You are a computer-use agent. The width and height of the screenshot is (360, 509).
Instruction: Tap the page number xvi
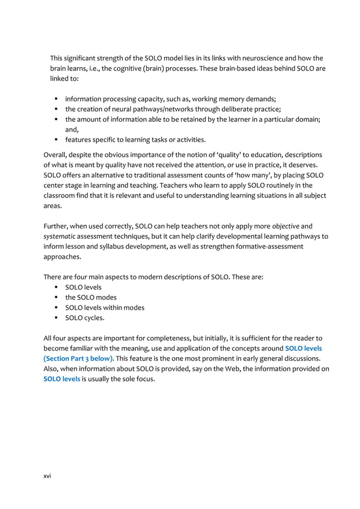click(x=47, y=476)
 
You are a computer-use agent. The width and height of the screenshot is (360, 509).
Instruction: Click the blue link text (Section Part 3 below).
click(x=79, y=358)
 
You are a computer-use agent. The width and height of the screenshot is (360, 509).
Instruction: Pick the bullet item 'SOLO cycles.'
click(x=85, y=318)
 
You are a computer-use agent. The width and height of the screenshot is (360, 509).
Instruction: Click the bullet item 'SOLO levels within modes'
click(x=104, y=308)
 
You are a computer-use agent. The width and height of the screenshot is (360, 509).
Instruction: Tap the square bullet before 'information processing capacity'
click(x=58, y=99)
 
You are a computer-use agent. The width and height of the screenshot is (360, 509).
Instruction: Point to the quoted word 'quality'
click(x=193, y=153)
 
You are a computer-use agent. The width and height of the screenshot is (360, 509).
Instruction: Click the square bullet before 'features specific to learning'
click(x=58, y=140)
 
